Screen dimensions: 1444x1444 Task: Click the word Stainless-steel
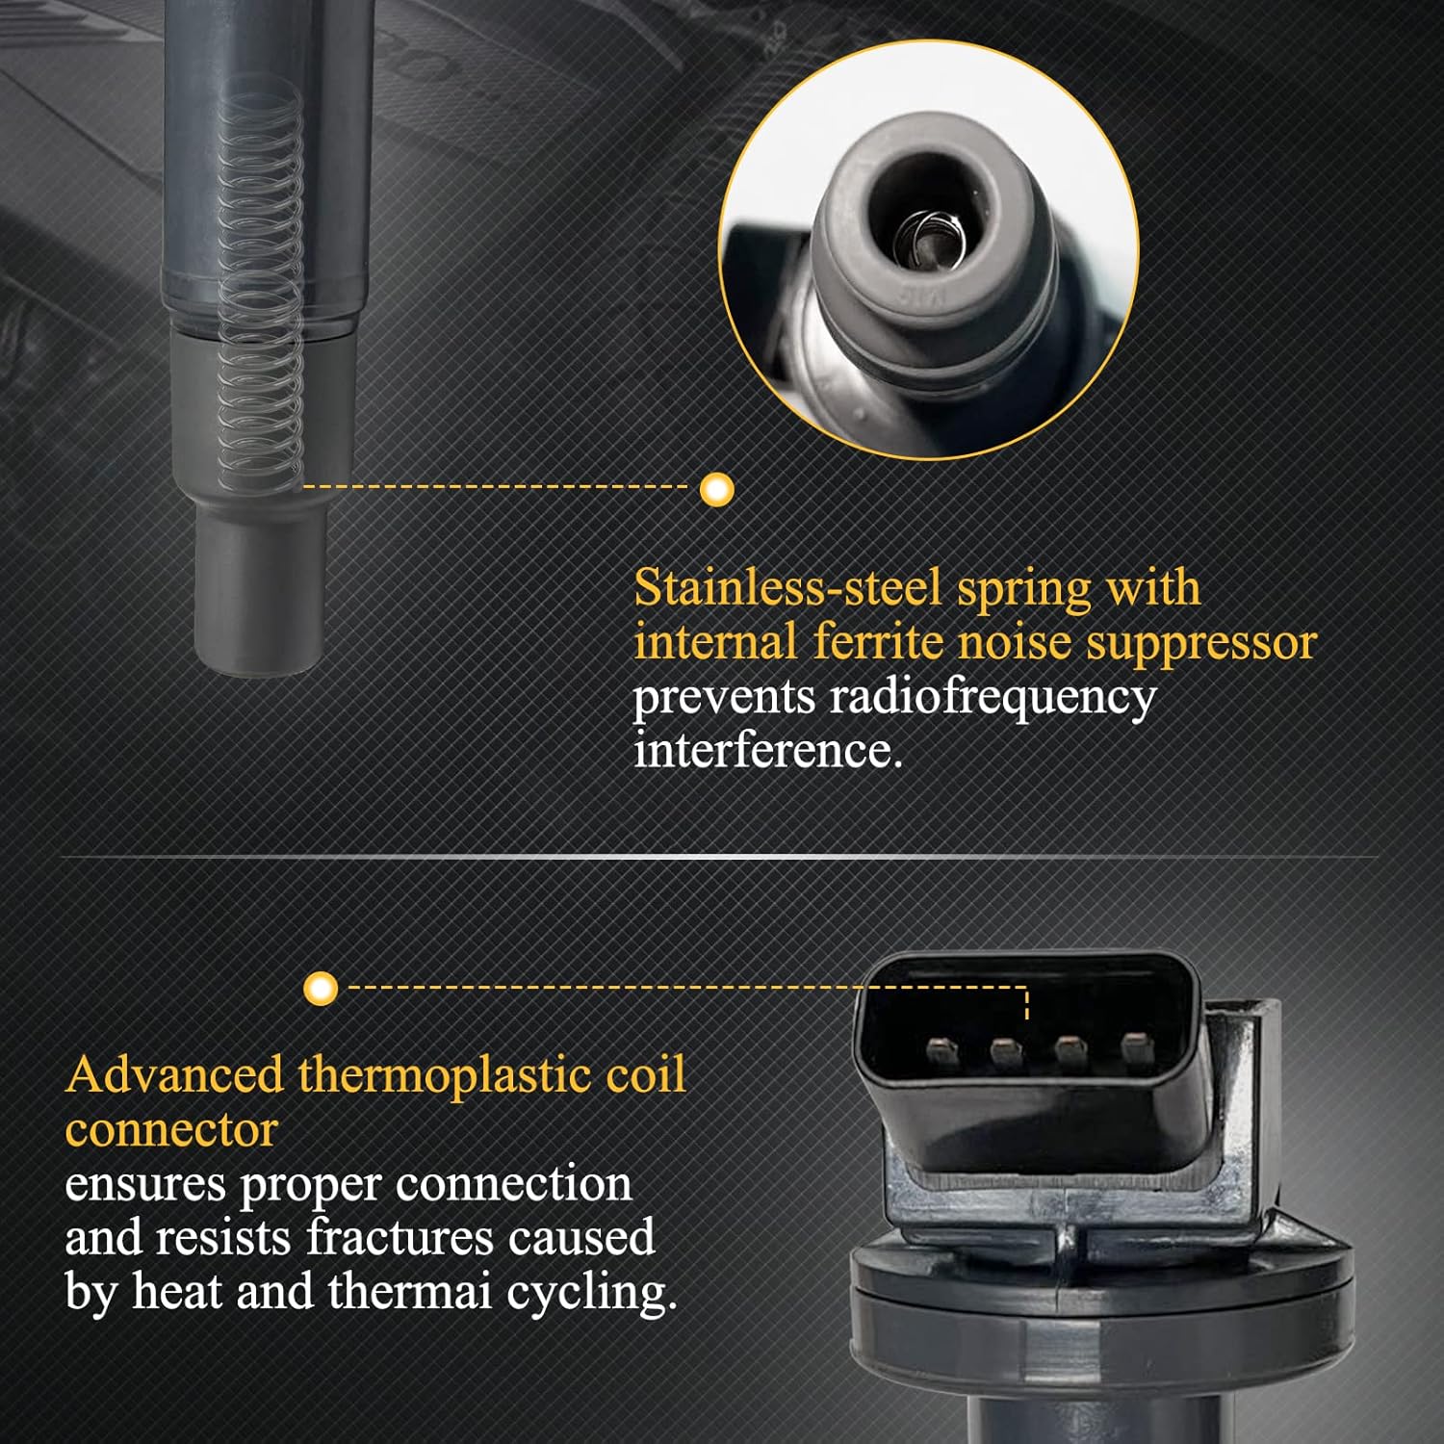coord(786,586)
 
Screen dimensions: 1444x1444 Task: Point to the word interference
coord(767,749)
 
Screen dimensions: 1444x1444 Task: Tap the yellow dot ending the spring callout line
coord(716,489)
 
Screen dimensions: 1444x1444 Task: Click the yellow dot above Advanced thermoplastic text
coord(321,988)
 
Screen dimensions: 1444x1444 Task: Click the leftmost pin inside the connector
coord(941,1051)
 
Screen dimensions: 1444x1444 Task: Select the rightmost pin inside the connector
coord(1135,1049)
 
